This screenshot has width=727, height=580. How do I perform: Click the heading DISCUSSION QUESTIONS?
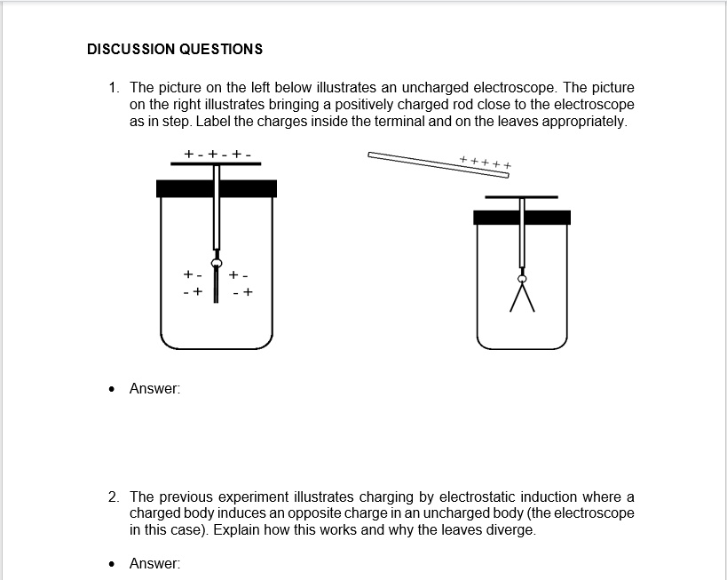click(x=175, y=49)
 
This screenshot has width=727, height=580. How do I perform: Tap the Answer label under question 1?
click(x=154, y=388)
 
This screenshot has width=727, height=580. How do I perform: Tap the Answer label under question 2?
click(x=154, y=563)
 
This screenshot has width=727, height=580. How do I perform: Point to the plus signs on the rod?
click(x=486, y=163)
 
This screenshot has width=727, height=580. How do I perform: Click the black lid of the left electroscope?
click(x=216, y=187)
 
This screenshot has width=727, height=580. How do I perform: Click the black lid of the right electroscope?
click(x=521, y=217)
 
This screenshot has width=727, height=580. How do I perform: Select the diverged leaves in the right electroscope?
click(x=522, y=297)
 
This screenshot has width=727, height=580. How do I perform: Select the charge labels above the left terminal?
click(x=217, y=154)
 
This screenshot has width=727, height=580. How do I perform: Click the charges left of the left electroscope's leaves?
click(x=193, y=282)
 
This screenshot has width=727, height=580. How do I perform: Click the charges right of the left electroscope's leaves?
click(x=241, y=282)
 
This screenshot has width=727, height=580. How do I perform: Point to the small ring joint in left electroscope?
click(x=216, y=262)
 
